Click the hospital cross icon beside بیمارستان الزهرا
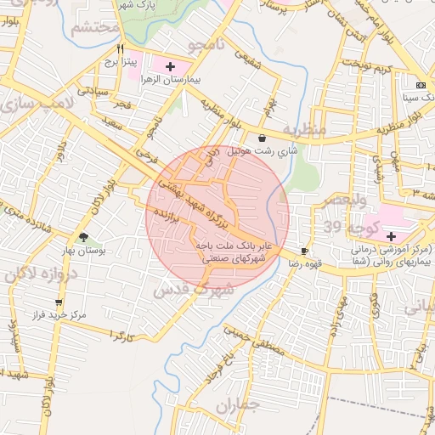(x=170, y=65)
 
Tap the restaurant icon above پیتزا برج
(x=121, y=48)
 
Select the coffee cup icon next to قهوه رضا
(x=305, y=251)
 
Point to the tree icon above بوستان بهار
(x=82, y=239)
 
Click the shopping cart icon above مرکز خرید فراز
(x=58, y=302)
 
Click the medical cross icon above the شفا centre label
(x=391, y=234)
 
